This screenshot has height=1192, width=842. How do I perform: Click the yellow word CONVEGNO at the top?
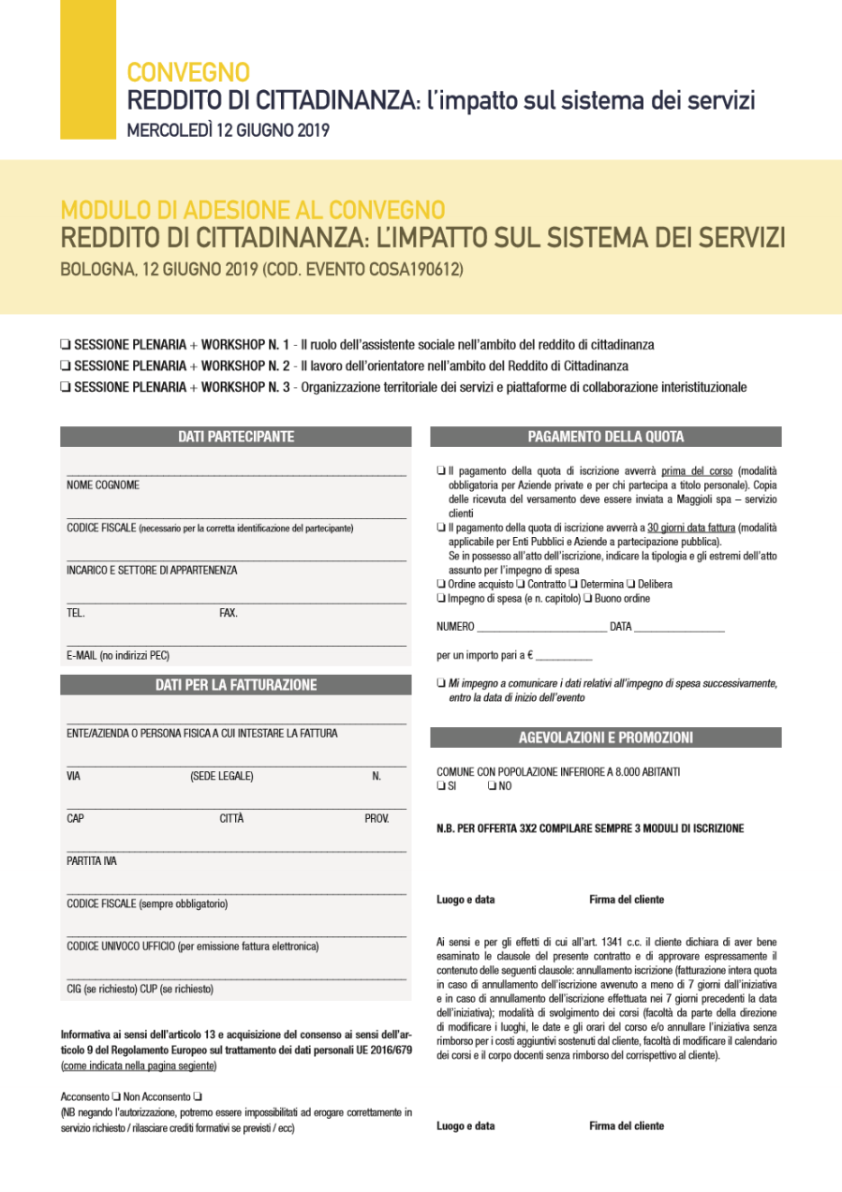pyautogui.click(x=188, y=72)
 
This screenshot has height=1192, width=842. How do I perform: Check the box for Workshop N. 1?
pyautogui.click(x=65, y=344)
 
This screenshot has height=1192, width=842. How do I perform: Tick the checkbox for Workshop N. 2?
pyautogui.click(x=65, y=365)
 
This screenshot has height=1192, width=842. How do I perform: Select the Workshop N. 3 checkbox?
pyautogui.click(x=65, y=387)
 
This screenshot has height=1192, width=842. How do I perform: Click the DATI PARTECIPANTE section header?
pyautogui.click(x=236, y=437)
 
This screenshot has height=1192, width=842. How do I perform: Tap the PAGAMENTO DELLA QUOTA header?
pyautogui.click(x=605, y=437)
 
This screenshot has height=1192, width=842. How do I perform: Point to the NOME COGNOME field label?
pyautogui.click(x=103, y=485)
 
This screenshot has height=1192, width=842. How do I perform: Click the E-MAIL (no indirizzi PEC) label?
pyautogui.click(x=118, y=656)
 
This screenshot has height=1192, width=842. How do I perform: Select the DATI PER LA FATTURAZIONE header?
pyautogui.click(x=236, y=685)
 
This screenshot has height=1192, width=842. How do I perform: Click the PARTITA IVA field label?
pyautogui.click(x=92, y=861)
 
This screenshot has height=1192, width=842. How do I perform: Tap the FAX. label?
pyautogui.click(x=229, y=613)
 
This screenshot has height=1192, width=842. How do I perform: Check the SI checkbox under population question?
pyautogui.click(x=441, y=786)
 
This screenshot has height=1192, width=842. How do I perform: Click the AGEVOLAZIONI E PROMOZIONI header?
pyautogui.click(x=605, y=738)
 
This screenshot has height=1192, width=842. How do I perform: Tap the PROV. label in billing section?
pyautogui.click(x=377, y=819)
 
